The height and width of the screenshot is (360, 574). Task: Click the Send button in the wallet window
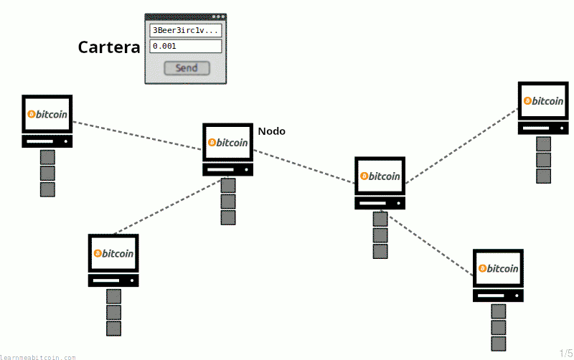(187, 68)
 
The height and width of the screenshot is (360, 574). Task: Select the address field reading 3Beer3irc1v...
(186, 30)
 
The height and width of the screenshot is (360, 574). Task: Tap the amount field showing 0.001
(186, 46)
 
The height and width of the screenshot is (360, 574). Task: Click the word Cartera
(109, 47)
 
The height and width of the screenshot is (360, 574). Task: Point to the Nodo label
(272, 131)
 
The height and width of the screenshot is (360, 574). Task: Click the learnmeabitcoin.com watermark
(38, 357)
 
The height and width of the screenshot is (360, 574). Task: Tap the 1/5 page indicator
(566, 353)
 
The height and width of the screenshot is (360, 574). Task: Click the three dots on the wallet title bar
(219, 16)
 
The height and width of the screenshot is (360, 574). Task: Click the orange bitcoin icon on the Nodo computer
(212, 142)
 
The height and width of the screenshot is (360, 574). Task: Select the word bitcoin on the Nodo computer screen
(232, 142)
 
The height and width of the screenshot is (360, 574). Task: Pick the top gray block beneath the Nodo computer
(228, 186)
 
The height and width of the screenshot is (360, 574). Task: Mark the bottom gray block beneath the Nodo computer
(228, 218)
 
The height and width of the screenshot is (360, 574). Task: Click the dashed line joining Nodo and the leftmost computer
(137, 136)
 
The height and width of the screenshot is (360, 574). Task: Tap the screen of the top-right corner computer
(543, 100)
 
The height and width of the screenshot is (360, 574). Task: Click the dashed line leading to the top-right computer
(462, 146)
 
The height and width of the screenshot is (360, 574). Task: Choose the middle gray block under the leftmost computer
(47, 174)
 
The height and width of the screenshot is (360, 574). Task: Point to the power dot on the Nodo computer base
(246, 170)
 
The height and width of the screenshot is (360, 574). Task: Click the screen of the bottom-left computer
(113, 253)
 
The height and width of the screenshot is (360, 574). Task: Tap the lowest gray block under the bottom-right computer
(499, 344)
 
